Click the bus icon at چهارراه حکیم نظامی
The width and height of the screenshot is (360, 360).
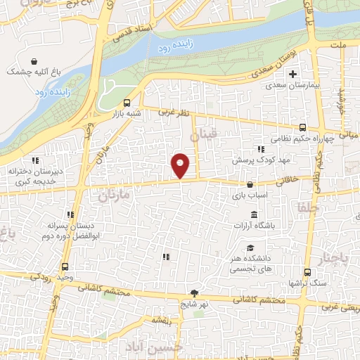302,127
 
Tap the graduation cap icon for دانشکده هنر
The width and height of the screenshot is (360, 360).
251,247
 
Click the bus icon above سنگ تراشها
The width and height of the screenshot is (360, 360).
307,272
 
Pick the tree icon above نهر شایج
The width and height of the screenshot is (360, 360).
194,293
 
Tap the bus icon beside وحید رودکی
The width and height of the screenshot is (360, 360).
65,267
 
